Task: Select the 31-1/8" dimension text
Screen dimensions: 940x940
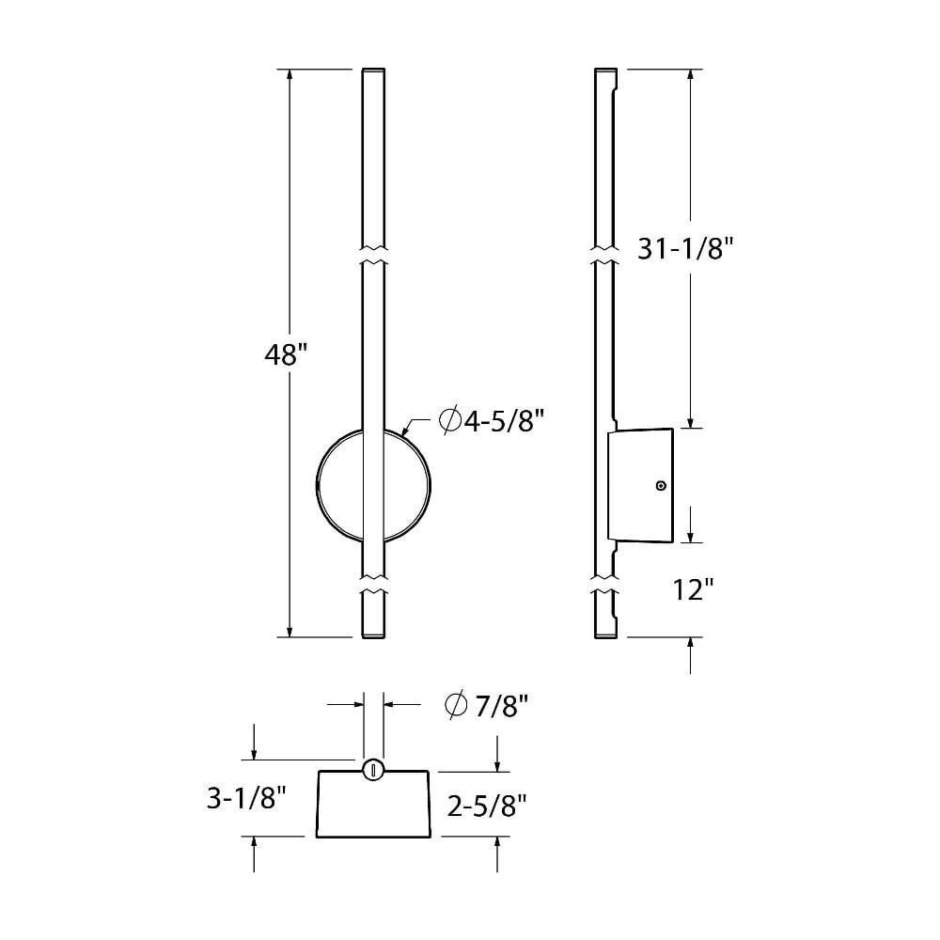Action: tap(685, 248)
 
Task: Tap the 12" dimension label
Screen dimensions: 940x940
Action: tap(693, 590)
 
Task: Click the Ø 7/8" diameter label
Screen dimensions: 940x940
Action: tap(486, 706)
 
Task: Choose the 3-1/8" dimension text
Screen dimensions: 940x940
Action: tap(246, 798)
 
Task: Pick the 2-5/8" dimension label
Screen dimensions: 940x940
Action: tap(487, 806)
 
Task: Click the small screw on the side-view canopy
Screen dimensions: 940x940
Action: tap(661, 486)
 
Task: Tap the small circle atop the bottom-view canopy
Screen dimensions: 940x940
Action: tap(373, 770)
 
